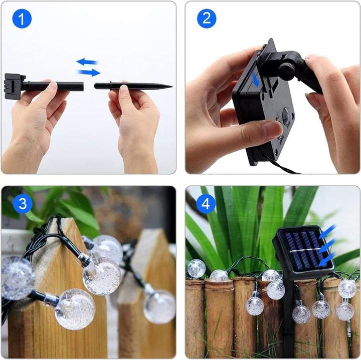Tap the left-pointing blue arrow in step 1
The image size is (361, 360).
pos(87,62)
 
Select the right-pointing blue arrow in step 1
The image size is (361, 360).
pos(89,73)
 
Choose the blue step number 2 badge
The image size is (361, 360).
pos(206,20)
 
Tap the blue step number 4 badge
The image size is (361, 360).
pos(206,205)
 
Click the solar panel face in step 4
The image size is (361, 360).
pos(300,249)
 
